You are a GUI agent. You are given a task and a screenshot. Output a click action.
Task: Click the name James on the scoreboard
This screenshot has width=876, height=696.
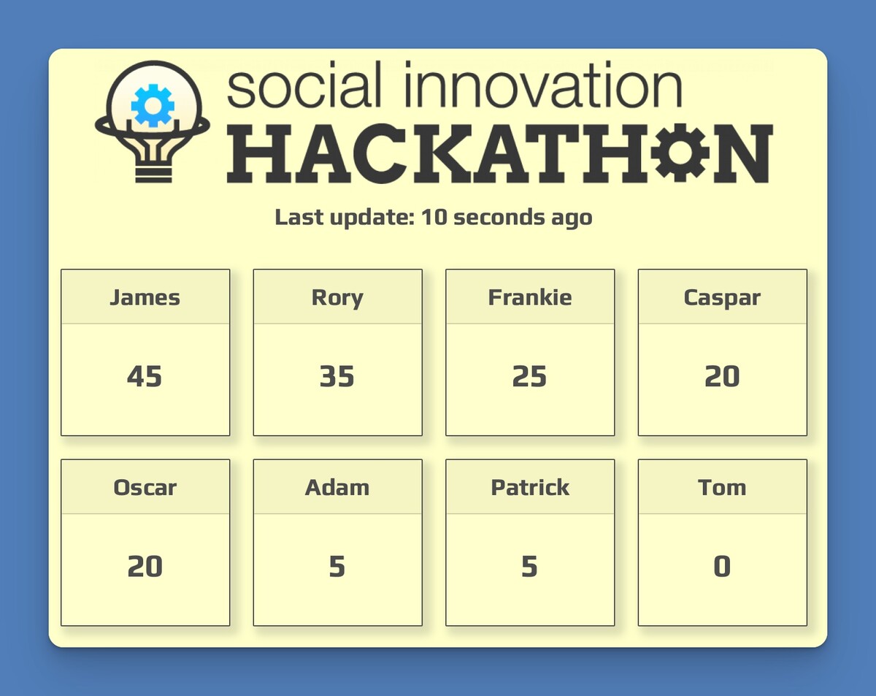145,298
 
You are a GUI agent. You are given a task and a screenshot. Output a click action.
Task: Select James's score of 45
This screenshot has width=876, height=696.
145,376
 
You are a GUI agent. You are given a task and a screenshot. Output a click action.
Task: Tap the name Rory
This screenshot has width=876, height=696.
337,299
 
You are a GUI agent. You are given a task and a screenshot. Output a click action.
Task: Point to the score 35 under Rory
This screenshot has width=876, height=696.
337,376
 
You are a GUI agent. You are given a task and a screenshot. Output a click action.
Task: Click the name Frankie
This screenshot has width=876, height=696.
530,297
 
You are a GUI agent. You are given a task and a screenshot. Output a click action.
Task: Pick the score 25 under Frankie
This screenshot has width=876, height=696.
529,376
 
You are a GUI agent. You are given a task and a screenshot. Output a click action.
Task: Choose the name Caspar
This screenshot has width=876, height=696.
722,299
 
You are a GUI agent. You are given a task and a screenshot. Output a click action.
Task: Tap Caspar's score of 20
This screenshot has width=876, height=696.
722,376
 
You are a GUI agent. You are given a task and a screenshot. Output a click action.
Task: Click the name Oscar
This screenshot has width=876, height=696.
145,488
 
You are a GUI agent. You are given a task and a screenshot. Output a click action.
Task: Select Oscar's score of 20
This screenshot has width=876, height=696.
145,567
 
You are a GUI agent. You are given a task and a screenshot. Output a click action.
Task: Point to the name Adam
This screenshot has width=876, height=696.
337,487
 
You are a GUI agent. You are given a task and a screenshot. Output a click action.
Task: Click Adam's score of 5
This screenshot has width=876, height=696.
337,567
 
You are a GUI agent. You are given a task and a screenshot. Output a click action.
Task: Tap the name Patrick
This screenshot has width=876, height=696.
530,487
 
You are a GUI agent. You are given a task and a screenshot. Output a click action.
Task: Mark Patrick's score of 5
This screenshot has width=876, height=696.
529,567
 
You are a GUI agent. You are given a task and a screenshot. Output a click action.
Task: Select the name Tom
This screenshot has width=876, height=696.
722,487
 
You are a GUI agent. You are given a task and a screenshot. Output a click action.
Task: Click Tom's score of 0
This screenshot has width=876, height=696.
722,567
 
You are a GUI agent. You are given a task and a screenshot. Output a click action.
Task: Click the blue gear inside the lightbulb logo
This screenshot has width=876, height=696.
153,106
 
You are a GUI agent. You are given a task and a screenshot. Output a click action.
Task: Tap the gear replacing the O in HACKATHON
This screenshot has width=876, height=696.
680,152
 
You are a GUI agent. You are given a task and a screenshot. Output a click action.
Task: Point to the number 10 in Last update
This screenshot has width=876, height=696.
434,217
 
